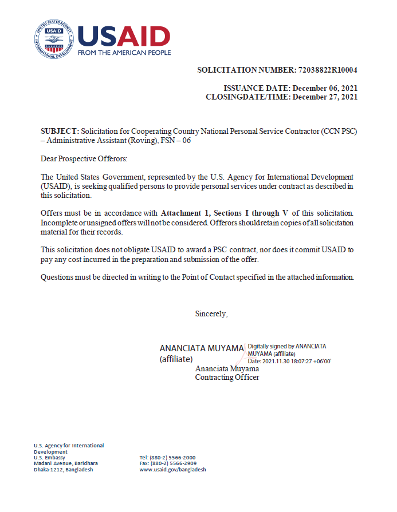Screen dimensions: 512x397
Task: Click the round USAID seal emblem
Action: [53, 38]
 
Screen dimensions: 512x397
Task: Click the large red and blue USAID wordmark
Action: [124, 36]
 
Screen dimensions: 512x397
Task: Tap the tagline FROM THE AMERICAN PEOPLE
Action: [124, 53]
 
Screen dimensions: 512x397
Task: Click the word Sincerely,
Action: [211, 313]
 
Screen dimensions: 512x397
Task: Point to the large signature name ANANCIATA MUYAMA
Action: [201, 348]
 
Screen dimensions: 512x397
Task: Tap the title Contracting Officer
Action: [227, 377]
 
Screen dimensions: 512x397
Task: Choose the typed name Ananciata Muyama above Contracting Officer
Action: [227, 369]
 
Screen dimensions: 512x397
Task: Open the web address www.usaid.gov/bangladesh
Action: [172, 470]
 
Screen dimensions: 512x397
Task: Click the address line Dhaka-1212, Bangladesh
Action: [63, 470]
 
